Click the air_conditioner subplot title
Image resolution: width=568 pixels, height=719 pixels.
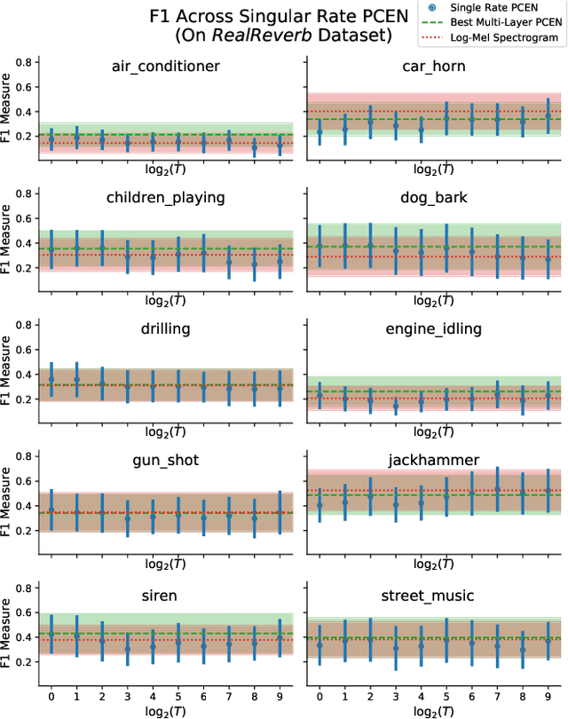(x=166, y=66)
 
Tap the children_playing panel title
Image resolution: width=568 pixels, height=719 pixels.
(x=166, y=197)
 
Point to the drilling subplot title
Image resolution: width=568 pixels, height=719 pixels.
(x=166, y=328)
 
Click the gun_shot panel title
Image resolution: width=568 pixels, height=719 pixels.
(x=166, y=460)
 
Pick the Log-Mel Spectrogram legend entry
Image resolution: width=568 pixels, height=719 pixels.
(x=503, y=37)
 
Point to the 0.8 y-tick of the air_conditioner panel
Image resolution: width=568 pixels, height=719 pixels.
(x=27, y=62)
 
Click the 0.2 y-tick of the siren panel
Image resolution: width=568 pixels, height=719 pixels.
(x=27, y=661)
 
